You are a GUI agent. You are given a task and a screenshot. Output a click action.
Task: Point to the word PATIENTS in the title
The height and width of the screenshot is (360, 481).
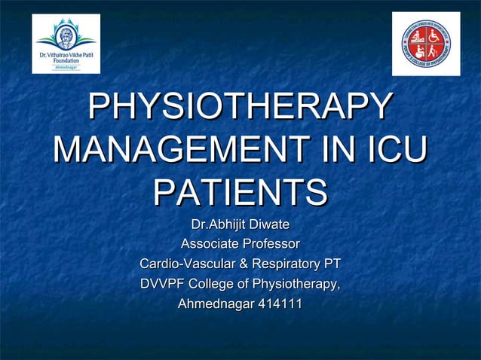pos(240,192)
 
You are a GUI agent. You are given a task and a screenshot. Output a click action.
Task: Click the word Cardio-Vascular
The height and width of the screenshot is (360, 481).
pos(187,264)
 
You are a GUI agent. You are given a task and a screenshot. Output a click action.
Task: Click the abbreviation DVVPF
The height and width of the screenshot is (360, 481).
pos(161,285)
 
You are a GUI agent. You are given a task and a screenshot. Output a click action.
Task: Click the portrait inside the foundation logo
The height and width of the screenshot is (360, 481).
pos(66,32)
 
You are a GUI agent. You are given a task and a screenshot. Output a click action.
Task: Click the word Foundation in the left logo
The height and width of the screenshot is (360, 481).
pos(66,59)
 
